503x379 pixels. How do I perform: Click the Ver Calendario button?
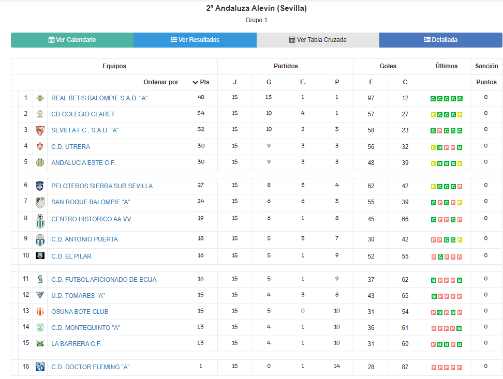(x=72, y=40)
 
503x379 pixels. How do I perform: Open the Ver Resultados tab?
(x=195, y=40)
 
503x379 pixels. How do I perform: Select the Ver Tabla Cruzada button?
(x=318, y=40)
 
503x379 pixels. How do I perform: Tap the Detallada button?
(x=440, y=40)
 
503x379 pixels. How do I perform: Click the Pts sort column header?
(x=201, y=82)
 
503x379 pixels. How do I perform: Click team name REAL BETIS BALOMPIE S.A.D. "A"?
(x=99, y=98)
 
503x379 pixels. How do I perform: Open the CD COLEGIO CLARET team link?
(x=83, y=114)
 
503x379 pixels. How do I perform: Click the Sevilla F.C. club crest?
(x=40, y=131)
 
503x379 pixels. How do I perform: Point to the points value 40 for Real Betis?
(x=201, y=97)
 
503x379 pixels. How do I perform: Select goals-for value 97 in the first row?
(x=371, y=98)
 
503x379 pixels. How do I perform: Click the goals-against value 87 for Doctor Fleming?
(x=405, y=367)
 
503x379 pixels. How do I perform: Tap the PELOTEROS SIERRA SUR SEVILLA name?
(x=102, y=186)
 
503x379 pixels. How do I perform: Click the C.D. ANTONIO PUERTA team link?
(x=84, y=239)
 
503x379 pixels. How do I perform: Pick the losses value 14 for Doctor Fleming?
(x=336, y=366)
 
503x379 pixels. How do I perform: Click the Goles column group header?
(x=388, y=66)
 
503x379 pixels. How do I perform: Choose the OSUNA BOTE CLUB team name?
(x=80, y=312)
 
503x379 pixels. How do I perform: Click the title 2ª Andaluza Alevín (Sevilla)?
(x=257, y=8)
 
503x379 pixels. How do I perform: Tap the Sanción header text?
(x=486, y=66)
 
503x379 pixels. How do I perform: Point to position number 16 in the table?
(x=26, y=367)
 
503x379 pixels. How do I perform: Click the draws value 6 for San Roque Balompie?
(x=303, y=201)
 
